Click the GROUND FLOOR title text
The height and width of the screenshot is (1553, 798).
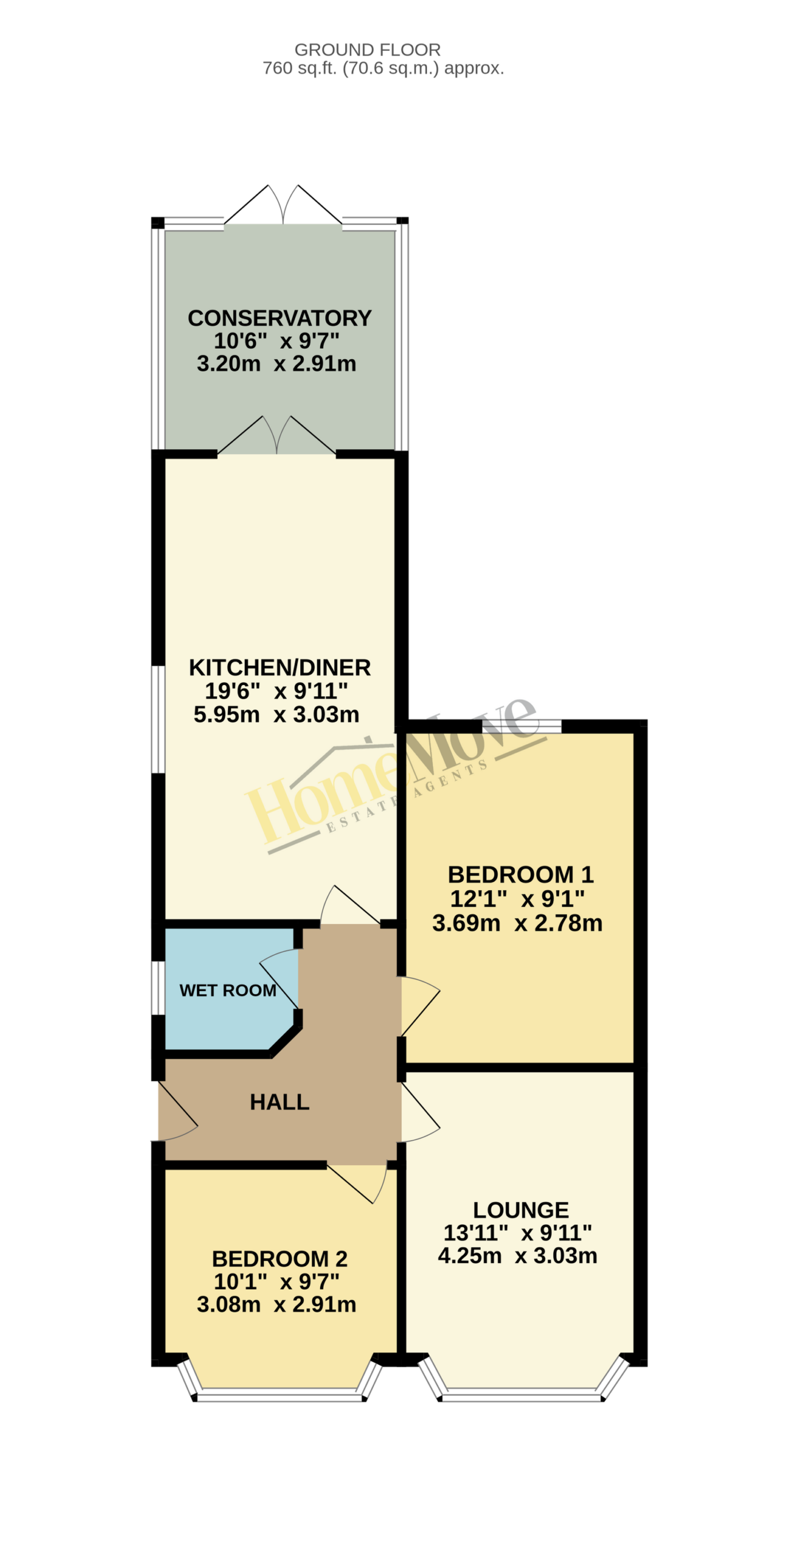pyautogui.click(x=367, y=50)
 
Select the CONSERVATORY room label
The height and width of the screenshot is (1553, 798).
pyautogui.click(x=280, y=318)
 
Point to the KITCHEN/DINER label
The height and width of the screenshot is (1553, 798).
pyautogui.click(x=280, y=667)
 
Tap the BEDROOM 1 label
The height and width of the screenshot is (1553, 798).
pyautogui.click(x=520, y=875)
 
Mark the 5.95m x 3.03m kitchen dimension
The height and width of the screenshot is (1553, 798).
pyautogui.click(x=277, y=715)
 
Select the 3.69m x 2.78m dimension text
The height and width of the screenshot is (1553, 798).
pyautogui.click(x=517, y=923)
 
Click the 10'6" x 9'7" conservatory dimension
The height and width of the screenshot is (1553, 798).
pyautogui.click(x=277, y=341)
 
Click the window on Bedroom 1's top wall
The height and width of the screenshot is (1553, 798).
pyautogui.click(x=521, y=726)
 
